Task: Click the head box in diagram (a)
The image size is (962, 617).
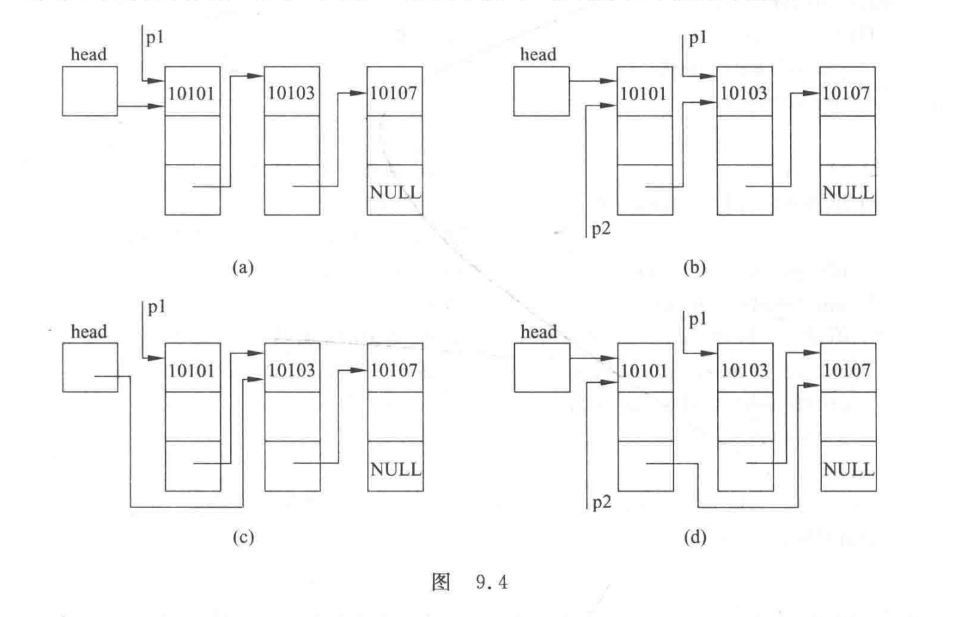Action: pyautogui.click(x=90, y=91)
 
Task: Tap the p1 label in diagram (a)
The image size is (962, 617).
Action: pyautogui.click(x=155, y=37)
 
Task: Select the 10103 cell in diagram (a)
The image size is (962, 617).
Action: pyautogui.click(x=291, y=92)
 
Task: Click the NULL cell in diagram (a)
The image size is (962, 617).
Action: pyautogui.click(x=395, y=192)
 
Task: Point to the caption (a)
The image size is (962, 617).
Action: pyautogui.click(x=243, y=267)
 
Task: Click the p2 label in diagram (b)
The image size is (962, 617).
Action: pyautogui.click(x=601, y=229)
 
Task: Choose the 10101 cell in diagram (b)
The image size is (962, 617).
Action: pyautogui.click(x=644, y=93)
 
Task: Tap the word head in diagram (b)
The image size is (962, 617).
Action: pyautogui.click(x=537, y=54)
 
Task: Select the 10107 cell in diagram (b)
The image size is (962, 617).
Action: pyautogui.click(x=847, y=92)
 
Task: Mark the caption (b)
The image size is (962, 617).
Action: pyautogui.click(x=695, y=267)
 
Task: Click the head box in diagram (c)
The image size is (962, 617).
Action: pyautogui.click(x=90, y=367)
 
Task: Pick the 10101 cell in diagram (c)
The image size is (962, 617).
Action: pyautogui.click(x=192, y=370)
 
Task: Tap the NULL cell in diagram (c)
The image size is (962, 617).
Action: pyautogui.click(x=395, y=468)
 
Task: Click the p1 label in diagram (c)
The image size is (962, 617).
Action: pyautogui.click(x=157, y=307)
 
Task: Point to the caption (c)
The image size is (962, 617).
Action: pyautogui.click(x=243, y=537)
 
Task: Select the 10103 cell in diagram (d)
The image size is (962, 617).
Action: pyautogui.click(x=744, y=370)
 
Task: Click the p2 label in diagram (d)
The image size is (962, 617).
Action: pyautogui.click(x=601, y=502)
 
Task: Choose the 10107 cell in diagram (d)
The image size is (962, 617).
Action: pyautogui.click(x=847, y=370)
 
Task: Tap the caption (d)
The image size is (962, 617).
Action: pyautogui.click(x=695, y=537)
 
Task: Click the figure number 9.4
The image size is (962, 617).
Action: pyautogui.click(x=492, y=583)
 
